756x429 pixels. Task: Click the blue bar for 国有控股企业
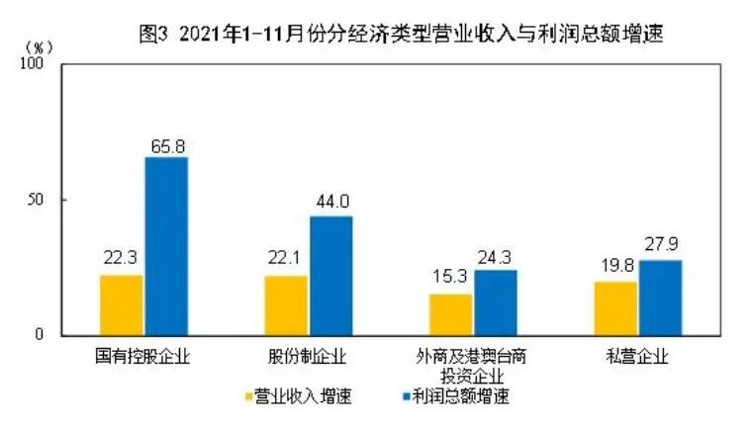click(x=166, y=246)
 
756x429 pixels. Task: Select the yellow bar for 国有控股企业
click(x=122, y=304)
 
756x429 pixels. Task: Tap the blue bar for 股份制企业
click(x=331, y=275)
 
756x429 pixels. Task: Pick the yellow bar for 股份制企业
click(x=286, y=304)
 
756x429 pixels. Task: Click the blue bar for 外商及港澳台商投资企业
click(x=495, y=301)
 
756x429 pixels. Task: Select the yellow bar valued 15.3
click(x=451, y=314)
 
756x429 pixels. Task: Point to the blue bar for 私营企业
click(x=660, y=297)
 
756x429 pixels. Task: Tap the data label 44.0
click(x=331, y=205)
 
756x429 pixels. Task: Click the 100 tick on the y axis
click(x=36, y=64)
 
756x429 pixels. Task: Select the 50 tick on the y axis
click(x=40, y=200)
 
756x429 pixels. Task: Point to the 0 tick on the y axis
click(x=44, y=335)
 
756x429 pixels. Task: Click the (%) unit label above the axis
click(x=36, y=46)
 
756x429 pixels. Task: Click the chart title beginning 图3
click(x=401, y=33)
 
